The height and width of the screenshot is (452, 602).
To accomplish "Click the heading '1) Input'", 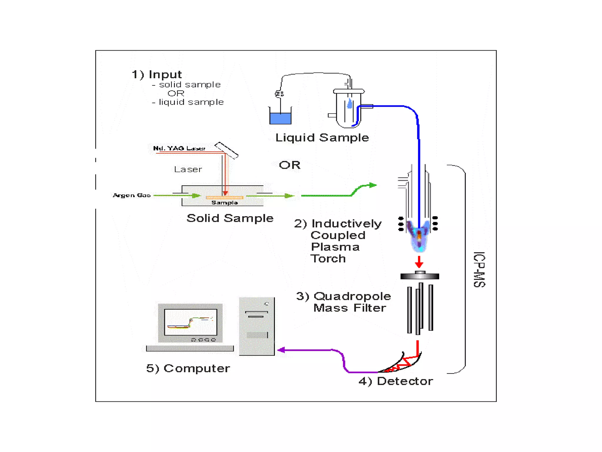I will [157, 74].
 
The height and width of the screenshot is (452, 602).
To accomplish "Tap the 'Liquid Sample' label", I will [322, 138].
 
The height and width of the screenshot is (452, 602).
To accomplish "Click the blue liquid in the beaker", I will [280, 119].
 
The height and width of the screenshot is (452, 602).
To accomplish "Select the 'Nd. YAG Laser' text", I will [179, 148].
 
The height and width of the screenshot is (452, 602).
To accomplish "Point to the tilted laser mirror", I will [226, 150].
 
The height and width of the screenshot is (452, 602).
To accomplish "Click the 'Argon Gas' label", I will [132, 195].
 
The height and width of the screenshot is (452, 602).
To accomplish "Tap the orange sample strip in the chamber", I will [224, 197].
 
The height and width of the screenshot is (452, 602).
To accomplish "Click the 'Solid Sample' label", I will [230, 218].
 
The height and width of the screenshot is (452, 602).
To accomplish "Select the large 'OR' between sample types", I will [290, 165].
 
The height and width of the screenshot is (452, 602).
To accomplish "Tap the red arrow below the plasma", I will [419, 262].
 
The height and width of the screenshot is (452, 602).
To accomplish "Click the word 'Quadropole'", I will [352, 296].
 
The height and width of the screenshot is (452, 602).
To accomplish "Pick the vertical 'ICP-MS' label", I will [479, 269].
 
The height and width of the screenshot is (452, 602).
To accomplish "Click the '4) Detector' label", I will [396, 381].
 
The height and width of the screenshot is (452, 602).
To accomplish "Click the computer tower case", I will [257, 326].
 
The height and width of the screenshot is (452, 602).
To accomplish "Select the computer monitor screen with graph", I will [190, 322].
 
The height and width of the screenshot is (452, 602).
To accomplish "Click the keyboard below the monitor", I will [190, 348].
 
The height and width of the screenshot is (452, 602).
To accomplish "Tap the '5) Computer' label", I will [188, 368].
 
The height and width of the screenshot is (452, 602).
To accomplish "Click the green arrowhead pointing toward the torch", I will [373, 185].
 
